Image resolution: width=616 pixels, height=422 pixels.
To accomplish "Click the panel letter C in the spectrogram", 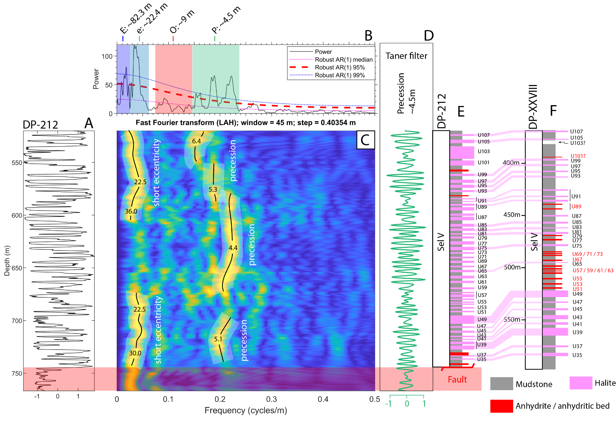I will click(365, 140).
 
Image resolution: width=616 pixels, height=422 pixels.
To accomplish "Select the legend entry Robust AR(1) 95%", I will click(340, 68).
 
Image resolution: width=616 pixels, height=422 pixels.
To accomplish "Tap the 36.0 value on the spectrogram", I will click(131, 211).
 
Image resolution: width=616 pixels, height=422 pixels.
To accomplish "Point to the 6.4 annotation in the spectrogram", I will click(196, 141).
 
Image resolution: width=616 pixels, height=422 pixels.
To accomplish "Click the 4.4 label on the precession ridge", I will click(233, 248).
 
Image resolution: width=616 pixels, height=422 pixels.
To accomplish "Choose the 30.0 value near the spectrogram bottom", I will click(135, 353).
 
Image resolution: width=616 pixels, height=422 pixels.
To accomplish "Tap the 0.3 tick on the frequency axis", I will click(271, 399).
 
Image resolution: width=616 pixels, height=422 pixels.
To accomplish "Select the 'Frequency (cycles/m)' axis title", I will click(246, 410).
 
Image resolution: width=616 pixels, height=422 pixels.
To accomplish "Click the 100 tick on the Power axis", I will click(107, 56).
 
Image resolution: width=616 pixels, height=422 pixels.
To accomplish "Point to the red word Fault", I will click(457, 380).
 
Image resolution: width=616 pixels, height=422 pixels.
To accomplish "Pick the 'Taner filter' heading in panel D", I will click(406, 56).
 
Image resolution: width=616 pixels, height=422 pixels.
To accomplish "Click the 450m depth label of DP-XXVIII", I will click(512, 215).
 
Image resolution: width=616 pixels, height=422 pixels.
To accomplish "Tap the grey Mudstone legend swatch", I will click(501, 384).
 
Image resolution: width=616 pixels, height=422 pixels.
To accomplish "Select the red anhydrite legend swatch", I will click(501, 406).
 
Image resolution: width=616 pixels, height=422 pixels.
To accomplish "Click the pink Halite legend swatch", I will click(581, 383).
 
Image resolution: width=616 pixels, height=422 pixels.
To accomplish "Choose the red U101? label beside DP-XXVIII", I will click(578, 156).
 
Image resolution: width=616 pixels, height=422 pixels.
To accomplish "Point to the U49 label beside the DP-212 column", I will click(482, 320).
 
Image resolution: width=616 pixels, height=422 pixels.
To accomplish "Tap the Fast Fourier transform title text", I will click(245, 123).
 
